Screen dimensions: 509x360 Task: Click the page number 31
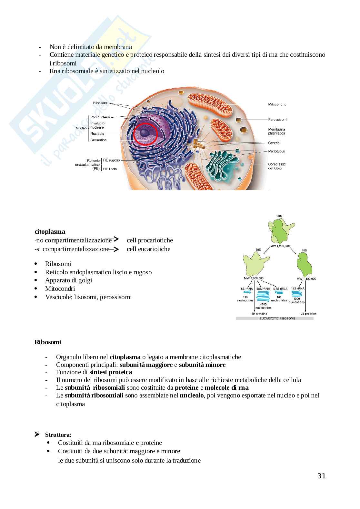pyautogui.click(x=321, y=476)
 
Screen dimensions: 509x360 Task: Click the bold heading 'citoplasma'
pyautogui.click(x=50, y=231)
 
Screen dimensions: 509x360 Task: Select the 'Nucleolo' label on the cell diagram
pyautogui.click(x=97, y=133)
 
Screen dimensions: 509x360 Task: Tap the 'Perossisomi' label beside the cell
pyautogui.click(x=277, y=120)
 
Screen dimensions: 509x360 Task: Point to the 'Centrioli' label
pyautogui.click(x=275, y=143)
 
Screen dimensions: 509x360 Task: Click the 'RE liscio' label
pyautogui.click(x=110, y=169)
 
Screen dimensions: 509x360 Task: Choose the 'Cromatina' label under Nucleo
pyautogui.click(x=98, y=140)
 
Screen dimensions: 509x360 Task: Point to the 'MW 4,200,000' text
pyautogui.click(x=280, y=246)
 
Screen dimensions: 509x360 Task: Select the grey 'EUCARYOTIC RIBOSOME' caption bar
pyautogui.click(x=275, y=318)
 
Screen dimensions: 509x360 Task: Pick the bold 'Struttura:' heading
pyautogui.click(x=58, y=435)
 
